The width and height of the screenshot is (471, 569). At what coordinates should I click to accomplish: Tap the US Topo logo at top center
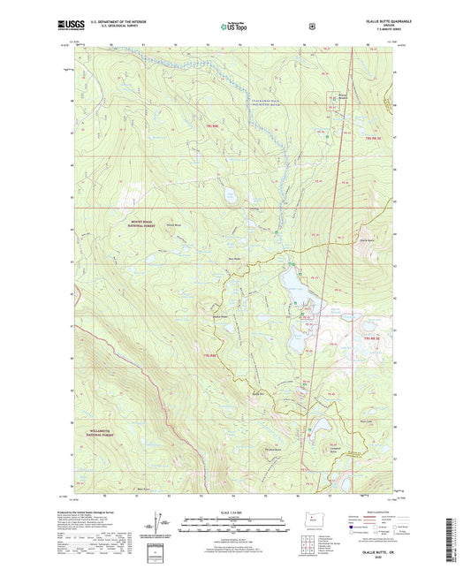coord(234,27)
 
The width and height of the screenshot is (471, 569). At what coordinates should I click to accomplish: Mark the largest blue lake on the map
coord(294,283)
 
